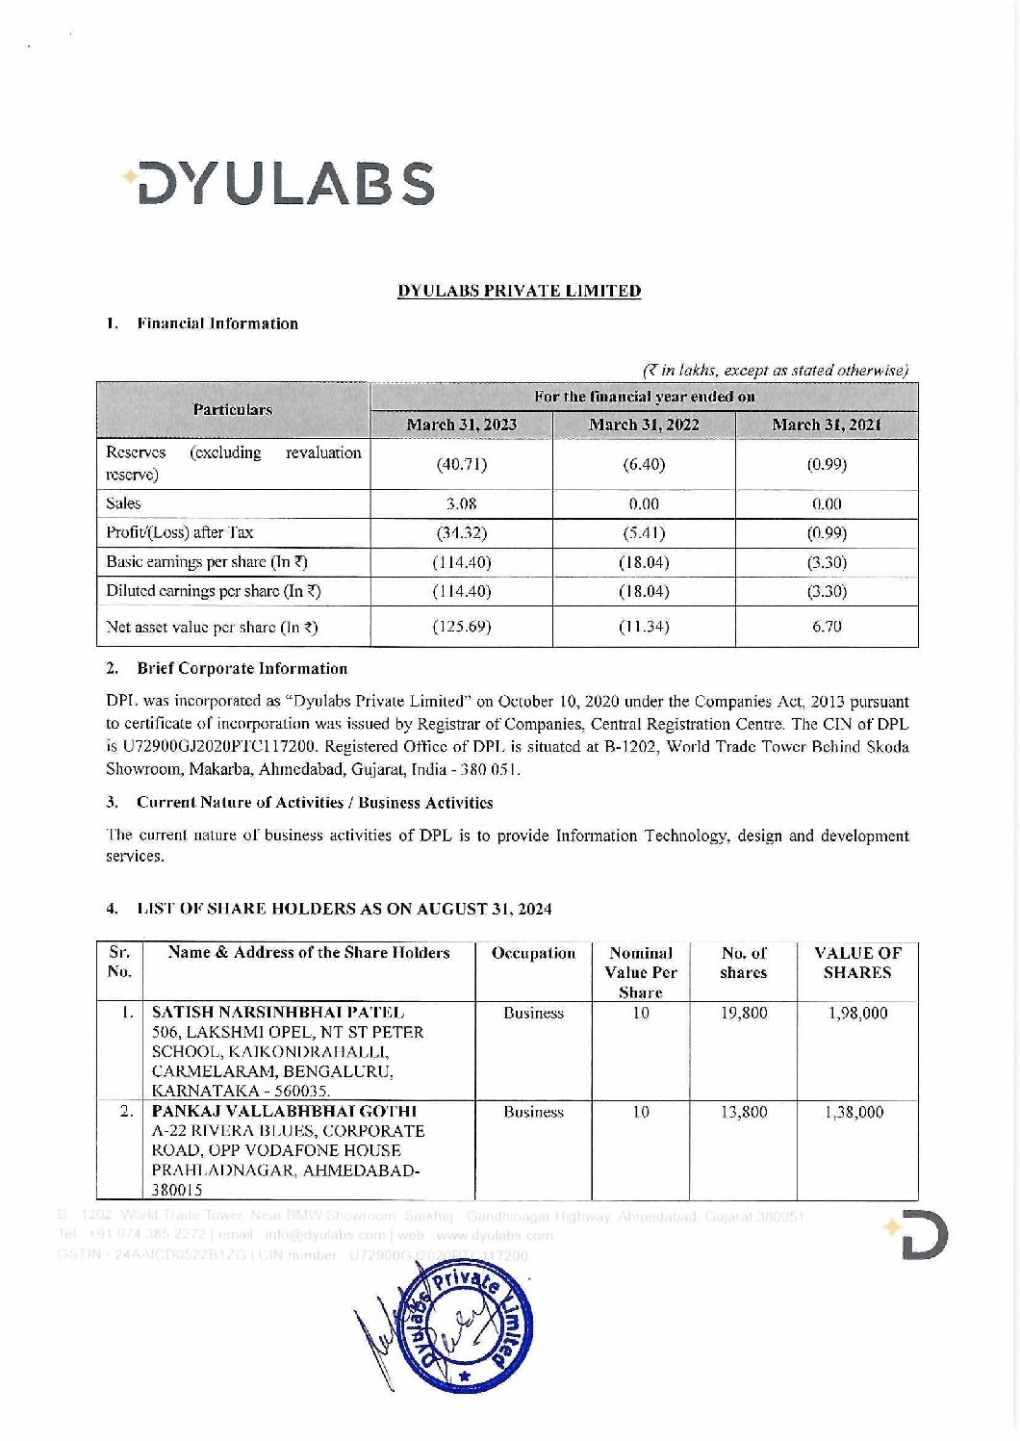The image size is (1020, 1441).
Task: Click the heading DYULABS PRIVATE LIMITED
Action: (x=520, y=291)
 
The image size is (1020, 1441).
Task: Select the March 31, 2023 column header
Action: (x=461, y=425)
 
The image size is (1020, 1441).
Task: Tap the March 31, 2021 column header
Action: (x=827, y=425)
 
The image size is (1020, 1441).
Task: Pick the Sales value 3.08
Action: (x=462, y=503)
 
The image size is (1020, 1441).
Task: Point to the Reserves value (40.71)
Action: (x=462, y=465)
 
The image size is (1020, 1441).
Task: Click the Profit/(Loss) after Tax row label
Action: (x=180, y=532)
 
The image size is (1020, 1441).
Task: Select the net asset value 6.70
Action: (x=827, y=627)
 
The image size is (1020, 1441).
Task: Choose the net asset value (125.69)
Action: (x=462, y=627)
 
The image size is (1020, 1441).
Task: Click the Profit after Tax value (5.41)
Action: (x=644, y=532)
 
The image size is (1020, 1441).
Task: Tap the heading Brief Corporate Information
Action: (x=242, y=668)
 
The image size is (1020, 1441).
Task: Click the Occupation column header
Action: (x=533, y=953)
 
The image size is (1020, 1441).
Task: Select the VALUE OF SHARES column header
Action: (x=857, y=963)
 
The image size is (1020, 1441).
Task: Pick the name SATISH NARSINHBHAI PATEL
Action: (x=278, y=1013)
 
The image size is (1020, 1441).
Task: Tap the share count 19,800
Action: (x=744, y=1013)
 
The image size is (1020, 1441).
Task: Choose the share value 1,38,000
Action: (x=856, y=1112)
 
